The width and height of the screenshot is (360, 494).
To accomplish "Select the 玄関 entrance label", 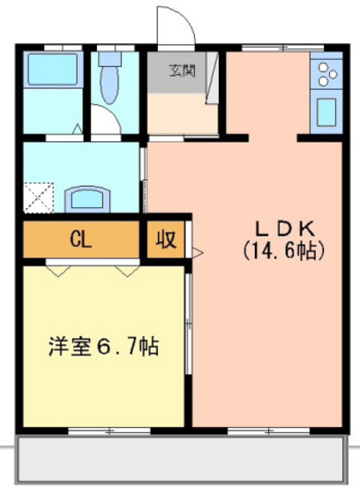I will (x=184, y=69).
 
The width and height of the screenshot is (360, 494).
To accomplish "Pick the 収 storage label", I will (x=165, y=239).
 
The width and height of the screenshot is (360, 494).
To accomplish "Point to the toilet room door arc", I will (x=106, y=123).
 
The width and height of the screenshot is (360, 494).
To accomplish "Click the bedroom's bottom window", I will (x=102, y=430).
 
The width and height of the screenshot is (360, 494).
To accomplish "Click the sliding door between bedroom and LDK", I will (x=189, y=326).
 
